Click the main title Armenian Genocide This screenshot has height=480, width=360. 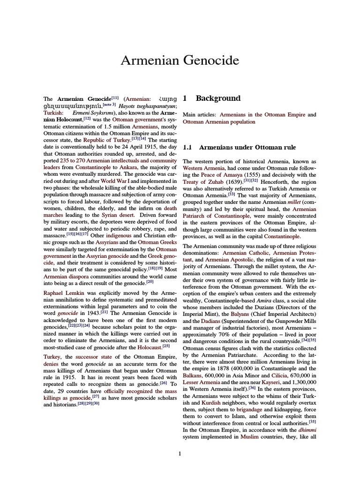180,60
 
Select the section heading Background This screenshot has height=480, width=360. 218,98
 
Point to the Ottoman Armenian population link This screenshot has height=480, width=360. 219,121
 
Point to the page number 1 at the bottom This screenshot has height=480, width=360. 180,453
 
